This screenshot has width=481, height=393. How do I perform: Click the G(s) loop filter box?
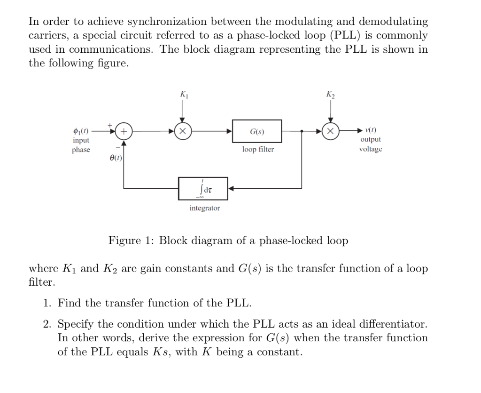pos(257,131)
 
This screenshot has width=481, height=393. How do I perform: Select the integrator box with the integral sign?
pos(203,188)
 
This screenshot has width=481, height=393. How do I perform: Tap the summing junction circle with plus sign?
pos(124,131)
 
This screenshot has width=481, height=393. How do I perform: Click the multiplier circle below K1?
pos(182,131)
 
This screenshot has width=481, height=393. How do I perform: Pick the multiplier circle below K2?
pos(331,131)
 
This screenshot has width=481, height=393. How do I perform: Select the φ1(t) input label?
pos(80,130)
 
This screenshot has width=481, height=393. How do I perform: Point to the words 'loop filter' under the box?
pos(258,149)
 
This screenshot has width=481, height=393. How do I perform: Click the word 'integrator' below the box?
pos(204,208)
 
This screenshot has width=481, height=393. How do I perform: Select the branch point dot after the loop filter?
pos(302,131)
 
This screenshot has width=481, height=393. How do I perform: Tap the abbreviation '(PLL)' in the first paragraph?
pos(349,35)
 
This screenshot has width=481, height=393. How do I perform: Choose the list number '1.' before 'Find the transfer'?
pos(47,303)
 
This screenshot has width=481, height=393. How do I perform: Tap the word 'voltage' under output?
pos(371,149)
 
